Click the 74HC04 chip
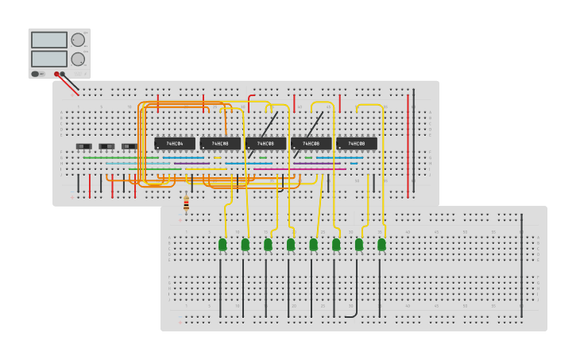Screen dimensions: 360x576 click(175, 144)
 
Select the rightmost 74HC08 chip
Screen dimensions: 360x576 click(356, 144)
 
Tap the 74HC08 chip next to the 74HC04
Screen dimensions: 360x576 click(220, 144)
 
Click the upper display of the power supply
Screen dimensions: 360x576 click(49, 40)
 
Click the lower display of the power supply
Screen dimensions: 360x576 click(49, 59)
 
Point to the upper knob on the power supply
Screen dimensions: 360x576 click(78, 40)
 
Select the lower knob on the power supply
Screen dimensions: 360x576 click(78, 59)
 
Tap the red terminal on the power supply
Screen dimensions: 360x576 click(56, 74)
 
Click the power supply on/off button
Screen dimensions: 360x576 click(36, 74)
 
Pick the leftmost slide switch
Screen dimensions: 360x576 click(83, 146)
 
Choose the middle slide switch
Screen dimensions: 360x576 click(106, 146)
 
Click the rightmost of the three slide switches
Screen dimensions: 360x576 click(129, 146)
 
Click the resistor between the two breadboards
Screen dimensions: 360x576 click(186, 203)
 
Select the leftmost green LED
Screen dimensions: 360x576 click(222, 245)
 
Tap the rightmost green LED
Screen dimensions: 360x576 click(381, 245)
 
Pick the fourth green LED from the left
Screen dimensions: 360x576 click(291, 245)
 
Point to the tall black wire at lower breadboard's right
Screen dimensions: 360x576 click(522, 262)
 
